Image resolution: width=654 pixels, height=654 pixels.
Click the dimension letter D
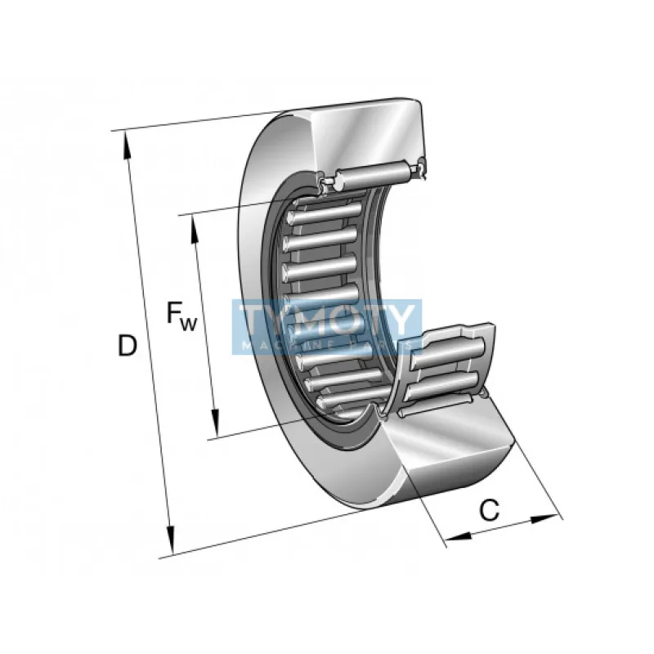(x=127, y=346)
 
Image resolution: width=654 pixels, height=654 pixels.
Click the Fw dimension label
(x=181, y=316)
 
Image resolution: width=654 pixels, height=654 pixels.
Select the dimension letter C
(x=489, y=510)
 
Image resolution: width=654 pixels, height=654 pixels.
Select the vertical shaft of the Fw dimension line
(x=205, y=327)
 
